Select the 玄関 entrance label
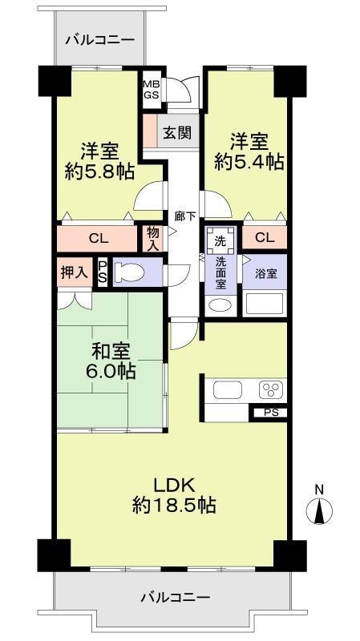[177, 132]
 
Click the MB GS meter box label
[150, 90]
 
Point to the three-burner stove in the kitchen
[270, 389]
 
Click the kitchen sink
[228, 389]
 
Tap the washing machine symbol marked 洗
[220, 241]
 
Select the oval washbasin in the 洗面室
[220, 305]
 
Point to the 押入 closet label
[75, 272]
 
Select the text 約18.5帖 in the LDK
[174, 506]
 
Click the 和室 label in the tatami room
[111, 351]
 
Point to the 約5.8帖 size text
[99, 172]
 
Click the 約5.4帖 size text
[249, 162]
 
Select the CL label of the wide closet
[99, 239]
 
